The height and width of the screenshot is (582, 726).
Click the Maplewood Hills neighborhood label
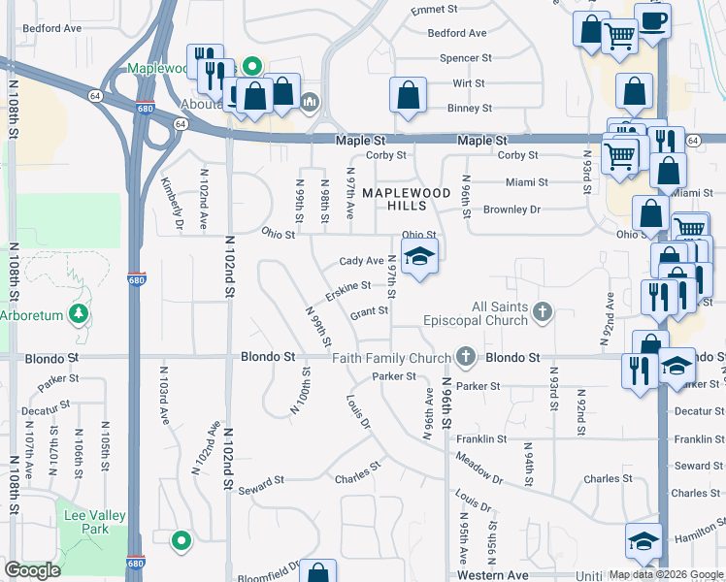pyautogui.click(x=407, y=200)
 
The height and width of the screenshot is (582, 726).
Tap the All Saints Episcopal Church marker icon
pyautogui.click(x=543, y=312)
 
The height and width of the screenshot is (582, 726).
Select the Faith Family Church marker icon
pyautogui.click(x=466, y=357)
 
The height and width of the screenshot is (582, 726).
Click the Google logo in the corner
pyautogui.click(x=32, y=570)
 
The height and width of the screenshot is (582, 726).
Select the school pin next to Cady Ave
pyautogui.click(x=418, y=257)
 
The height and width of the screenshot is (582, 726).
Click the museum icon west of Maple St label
pyautogui.click(x=310, y=101)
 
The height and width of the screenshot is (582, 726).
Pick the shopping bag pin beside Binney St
pyautogui.click(x=409, y=94)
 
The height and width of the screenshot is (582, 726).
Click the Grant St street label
pyautogui.click(x=369, y=311)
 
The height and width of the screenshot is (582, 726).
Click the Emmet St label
pyautogui.click(x=433, y=10)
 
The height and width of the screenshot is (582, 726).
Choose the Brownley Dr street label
pyautogui.click(x=511, y=209)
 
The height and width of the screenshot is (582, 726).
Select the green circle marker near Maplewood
pyautogui.click(x=251, y=67)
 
